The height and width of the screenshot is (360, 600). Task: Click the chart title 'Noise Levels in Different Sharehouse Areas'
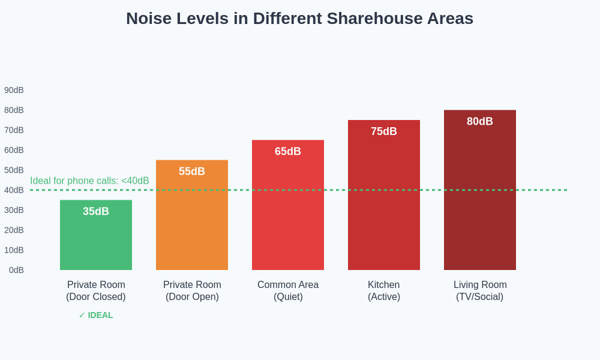pos(299,19)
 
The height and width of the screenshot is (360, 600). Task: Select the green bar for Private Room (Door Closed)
pos(96,240)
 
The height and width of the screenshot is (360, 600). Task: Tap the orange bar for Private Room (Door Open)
pos(192,222)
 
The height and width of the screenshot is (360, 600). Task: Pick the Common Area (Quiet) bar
pos(288,210)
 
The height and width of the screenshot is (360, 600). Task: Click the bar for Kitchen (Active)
pos(384,204)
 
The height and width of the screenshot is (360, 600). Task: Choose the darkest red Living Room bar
pos(480,198)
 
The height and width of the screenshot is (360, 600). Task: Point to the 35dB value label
pos(96,211)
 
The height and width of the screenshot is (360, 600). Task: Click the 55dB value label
pos(192,172)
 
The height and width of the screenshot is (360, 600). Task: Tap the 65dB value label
pos(288,151)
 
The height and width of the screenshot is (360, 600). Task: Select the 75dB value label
pos(384,131)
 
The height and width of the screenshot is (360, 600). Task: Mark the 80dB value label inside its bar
pos(480,121)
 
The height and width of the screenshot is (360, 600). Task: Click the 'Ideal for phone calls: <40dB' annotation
pos(89,181)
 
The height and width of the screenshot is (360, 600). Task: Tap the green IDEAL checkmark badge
pos(96,315)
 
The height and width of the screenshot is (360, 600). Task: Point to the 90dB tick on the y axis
pos(14,90)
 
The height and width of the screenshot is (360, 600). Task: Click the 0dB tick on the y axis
pos(16,270)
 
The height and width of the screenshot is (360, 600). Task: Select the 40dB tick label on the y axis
pos(14,190)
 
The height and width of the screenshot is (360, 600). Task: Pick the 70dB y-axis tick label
pos(14,130)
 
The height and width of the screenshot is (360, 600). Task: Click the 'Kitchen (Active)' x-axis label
pos(384,291)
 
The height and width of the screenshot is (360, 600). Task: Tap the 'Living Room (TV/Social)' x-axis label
pos(480,291)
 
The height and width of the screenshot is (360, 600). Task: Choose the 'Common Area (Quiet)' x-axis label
pos(288,291)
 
